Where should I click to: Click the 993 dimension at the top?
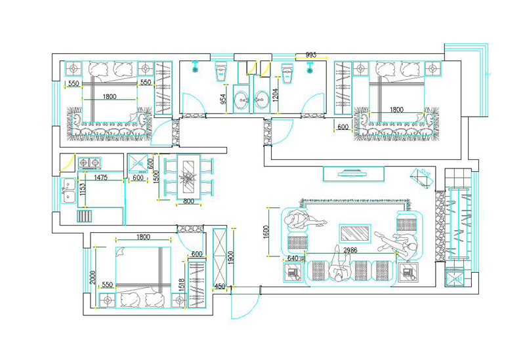pos(311,55)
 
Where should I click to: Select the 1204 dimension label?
pos(275,96)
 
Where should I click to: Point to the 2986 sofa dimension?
pos(350,250)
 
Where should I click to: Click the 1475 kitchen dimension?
pos(100,177)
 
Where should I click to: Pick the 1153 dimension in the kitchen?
pos(83,189)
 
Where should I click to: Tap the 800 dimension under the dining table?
pos(188,201)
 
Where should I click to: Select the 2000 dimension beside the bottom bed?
pos(93,277)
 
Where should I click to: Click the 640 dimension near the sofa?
pos(292,258)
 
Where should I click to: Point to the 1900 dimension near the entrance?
pos(231,258)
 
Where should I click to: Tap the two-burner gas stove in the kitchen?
pos(89,163)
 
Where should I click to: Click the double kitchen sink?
pos(69,191)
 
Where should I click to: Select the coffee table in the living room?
pos(355,233)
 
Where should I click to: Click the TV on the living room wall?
pos(353,174)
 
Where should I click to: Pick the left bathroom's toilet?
pos(221,71)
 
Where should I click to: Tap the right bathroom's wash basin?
pos(261,100)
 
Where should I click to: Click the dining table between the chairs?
pos(188,178)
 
